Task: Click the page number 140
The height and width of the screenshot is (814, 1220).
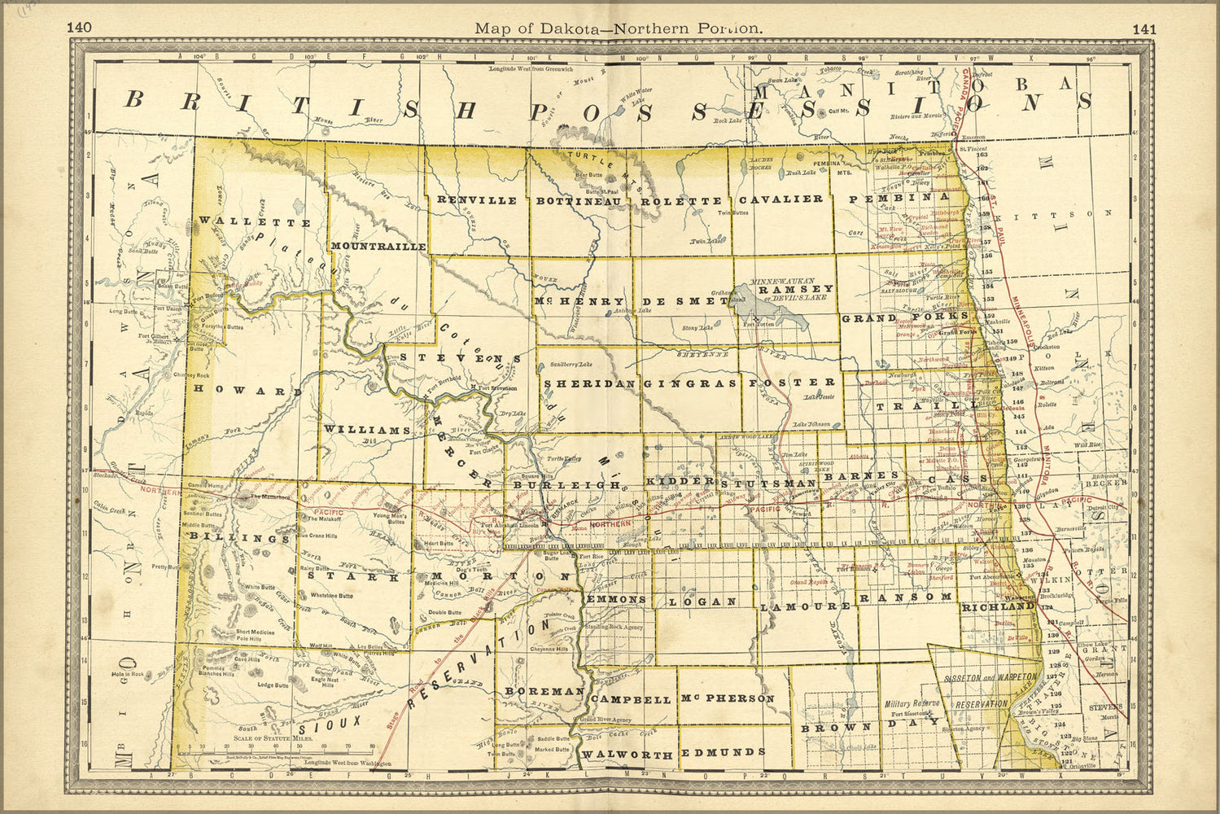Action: (x=80, y=28)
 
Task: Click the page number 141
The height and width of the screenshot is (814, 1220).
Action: (x=1143, y=28)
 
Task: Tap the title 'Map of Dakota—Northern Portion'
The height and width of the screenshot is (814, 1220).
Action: (x=619, y=28)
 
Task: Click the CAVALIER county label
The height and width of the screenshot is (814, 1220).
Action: (x=781, y=199)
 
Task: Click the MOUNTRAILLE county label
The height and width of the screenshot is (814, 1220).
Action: (x=378, y=246)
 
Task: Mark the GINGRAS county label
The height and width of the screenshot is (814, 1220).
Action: (x=690, y=383)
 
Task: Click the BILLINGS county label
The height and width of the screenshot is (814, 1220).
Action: (x=239, y=538)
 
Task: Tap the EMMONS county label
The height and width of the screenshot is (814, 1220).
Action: (x=616, y=599)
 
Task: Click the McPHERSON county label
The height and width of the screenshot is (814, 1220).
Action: (x=726, y=698)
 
